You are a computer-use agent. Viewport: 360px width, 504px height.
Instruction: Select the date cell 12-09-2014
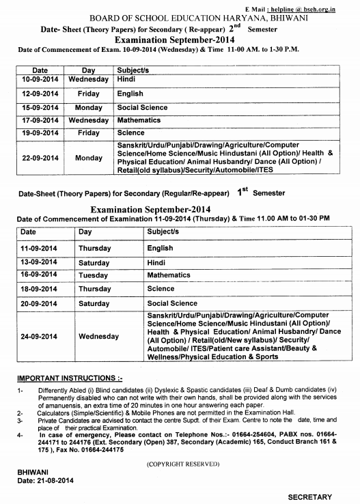[40, 94]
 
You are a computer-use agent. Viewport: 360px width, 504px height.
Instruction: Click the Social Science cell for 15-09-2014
[142, 107]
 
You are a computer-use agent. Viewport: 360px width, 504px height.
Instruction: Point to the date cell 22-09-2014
[40, 158]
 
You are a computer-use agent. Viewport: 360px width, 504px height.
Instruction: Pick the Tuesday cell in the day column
[94, 275]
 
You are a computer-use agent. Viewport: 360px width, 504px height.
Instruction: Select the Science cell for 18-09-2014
[161, 289]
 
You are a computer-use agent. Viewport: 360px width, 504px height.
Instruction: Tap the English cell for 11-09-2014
[160, 248]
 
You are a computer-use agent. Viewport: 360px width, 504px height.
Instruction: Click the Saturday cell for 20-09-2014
[94, 303]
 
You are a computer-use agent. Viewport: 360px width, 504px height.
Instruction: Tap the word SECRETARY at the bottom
[309, 496]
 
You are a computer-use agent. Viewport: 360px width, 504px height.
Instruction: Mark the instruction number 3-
[20, 421]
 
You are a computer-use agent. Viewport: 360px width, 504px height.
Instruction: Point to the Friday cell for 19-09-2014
[88, 133]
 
